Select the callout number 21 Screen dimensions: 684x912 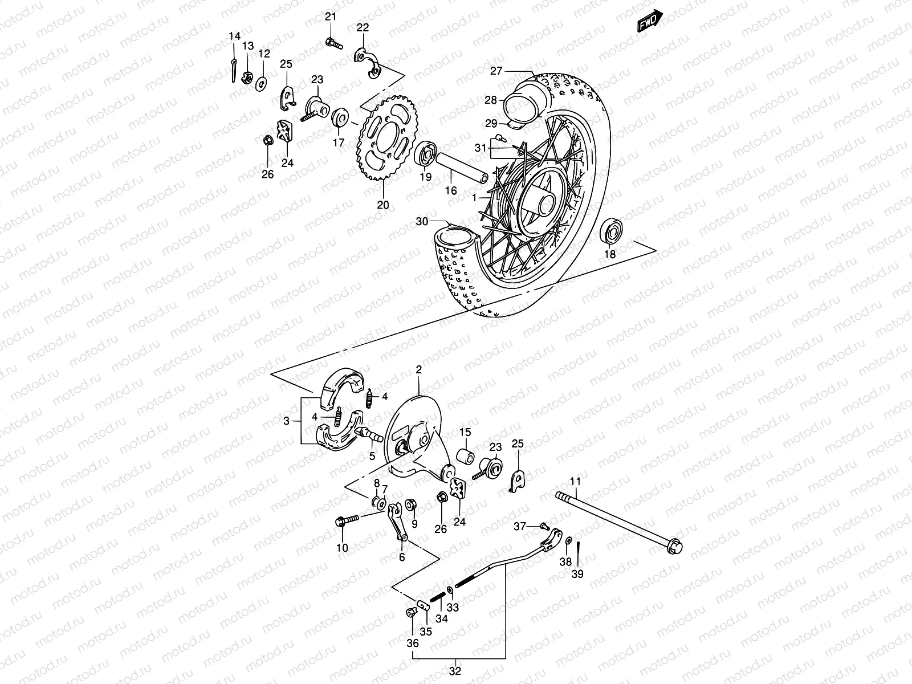[331, 17]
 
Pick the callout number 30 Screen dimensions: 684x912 [422, 221]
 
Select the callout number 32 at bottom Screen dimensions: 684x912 [454, 670]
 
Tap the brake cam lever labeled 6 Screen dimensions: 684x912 [397, 520]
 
